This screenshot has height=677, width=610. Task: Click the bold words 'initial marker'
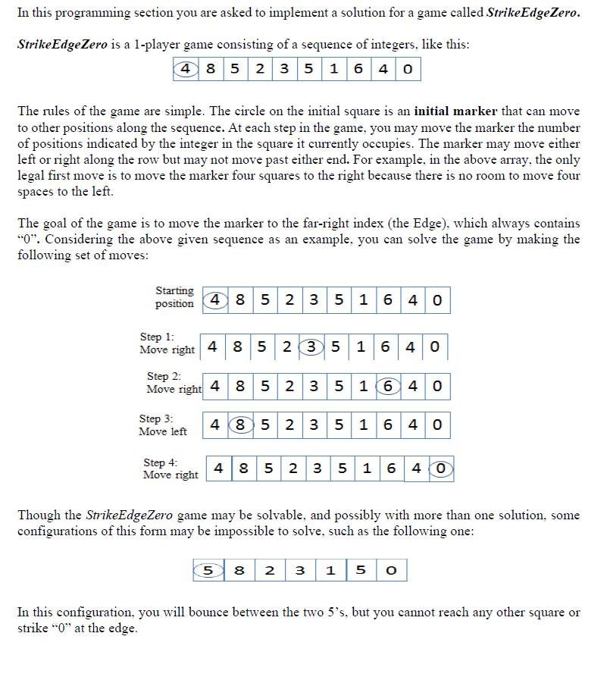pyautogui.click(x=455, y=111)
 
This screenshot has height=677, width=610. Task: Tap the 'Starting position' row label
pyautogui.click(x=174, y=297)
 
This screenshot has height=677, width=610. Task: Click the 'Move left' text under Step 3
pyautogui.click(x=162, y=431)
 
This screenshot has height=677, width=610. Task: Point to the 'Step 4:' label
pyautogui.click(x=161, y=462)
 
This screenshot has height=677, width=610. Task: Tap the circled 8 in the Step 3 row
pyautogui.click(x=239, y=425)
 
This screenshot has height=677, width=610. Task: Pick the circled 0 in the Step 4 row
pyautogui.click(x=441, y=469)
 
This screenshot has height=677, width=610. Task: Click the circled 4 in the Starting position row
pyautogui.click(x=214, y=300)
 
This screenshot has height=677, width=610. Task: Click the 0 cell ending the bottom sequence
pyautogui.click(x=391, y=570)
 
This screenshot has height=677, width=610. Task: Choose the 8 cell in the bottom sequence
pyautogui.click(x=240, y=570)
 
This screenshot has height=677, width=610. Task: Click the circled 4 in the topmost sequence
pyautogui.click(x=184, y=70)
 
